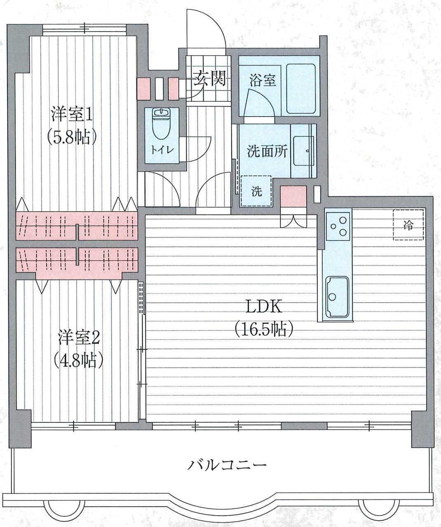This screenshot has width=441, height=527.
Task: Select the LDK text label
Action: [264, 307]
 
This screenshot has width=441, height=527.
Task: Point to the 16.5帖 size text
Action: [264, 329]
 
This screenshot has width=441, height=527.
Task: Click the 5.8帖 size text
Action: [72, 138]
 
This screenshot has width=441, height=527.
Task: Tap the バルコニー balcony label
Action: [227, 464]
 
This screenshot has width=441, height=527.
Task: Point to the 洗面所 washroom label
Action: [267, 152]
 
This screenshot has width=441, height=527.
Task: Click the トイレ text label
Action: [162, 150]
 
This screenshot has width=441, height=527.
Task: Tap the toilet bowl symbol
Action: [162, 124]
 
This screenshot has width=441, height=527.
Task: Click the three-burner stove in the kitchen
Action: [338, 226]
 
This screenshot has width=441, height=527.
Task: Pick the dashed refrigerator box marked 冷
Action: [408, 225]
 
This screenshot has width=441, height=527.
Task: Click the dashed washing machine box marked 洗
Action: [256, 191]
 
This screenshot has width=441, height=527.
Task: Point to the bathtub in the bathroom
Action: [301, 89]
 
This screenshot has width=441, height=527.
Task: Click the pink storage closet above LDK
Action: [293, 196]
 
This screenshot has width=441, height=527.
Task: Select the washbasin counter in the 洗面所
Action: [303, 151]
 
